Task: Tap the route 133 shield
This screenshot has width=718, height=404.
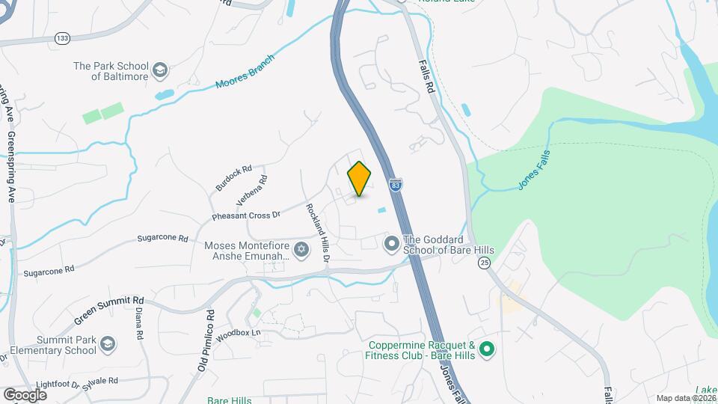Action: click(62, 37)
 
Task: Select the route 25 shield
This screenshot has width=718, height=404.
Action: click(485, 263)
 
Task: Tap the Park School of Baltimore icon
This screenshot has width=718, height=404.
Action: click(159, 71)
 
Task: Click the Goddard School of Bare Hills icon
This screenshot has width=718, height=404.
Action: click(391, 244)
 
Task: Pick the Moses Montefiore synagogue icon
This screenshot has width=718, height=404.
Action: click(301, 250)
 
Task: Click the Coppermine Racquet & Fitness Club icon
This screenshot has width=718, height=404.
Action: click(487, 349)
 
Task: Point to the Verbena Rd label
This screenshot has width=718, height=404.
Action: click(252, 190)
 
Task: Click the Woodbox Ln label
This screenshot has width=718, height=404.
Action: click(238, 334)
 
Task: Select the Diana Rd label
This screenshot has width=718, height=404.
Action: click(138, 326)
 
